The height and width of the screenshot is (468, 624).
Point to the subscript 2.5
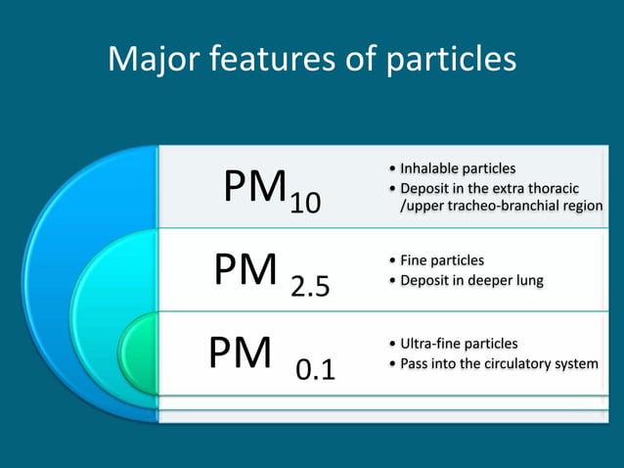click(x=310, y=287)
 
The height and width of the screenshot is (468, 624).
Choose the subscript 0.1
click(x=315, y=370)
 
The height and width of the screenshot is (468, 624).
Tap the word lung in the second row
click(x=527, y=281)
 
